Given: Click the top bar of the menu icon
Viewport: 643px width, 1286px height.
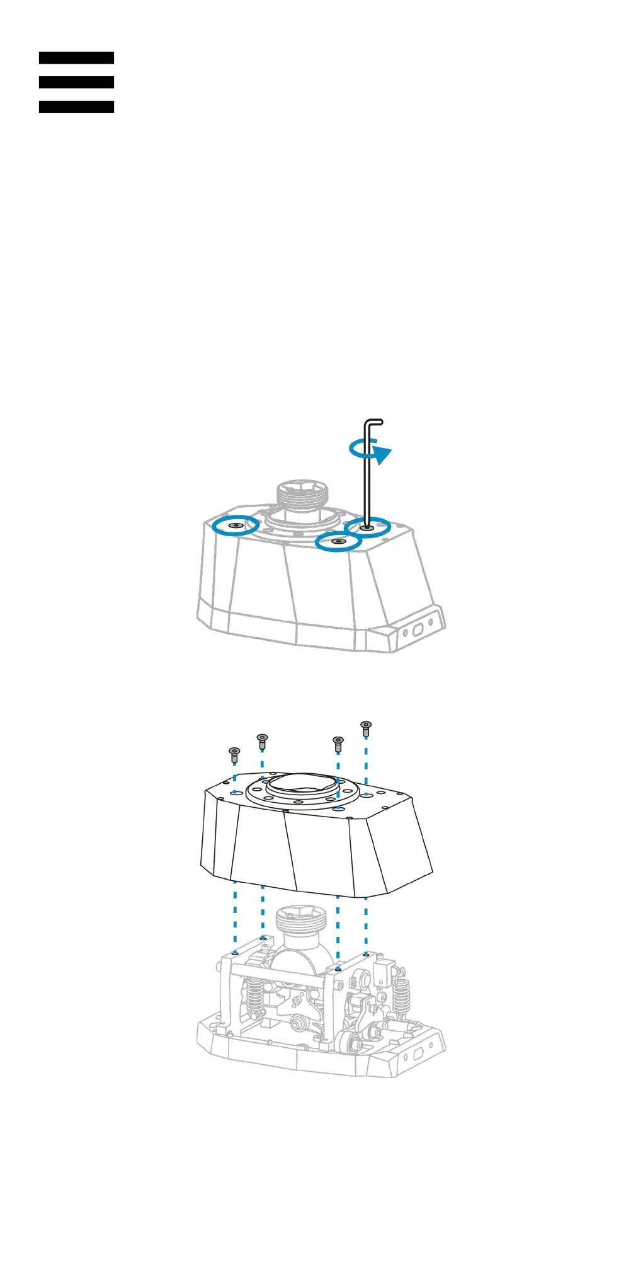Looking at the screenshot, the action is pyautogui.click(x=76, y=58).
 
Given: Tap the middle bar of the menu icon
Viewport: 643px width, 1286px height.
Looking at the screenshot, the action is pyautogui.click(x=76, y=83).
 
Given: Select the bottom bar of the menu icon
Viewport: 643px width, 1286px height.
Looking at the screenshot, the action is pyautogui.click(x=76, y=107).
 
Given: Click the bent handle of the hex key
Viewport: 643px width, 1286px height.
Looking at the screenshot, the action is pyautogui.click(x=373, y=422).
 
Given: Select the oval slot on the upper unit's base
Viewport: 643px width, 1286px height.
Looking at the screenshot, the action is pyautogui.click(x=416, y=630).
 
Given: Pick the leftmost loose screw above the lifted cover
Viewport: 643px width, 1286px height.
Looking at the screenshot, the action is pyautogui.click(x=234, y=753).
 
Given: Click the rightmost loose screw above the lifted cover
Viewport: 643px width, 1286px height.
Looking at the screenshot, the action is pyautogui.click(x=366, y=728).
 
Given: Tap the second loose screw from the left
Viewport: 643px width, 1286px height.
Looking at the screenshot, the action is pyautogui.click(x=263, y=740).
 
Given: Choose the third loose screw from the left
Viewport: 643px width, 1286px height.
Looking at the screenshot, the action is pyautogui.click(x=338, y=743).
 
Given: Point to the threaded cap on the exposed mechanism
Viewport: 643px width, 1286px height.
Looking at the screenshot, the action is pyautogui.click(x=303, y=919).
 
